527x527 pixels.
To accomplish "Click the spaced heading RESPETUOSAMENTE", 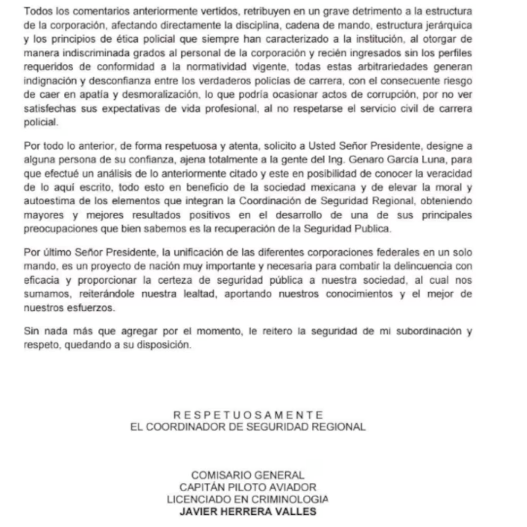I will pyautogui.click(x=248, y=415).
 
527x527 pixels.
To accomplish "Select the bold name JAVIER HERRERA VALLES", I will pyautogui.click(x=248, y=512).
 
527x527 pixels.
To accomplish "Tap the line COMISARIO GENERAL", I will pyautogui.click(x=248, y=474).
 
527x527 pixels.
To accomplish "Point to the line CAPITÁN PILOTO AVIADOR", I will pyautogui.click(x=248, y=487).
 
